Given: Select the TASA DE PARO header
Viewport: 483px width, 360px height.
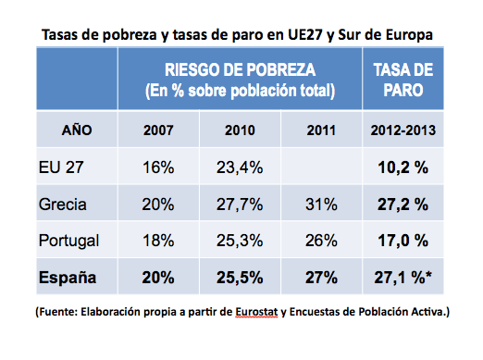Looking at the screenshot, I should tap(402, 80).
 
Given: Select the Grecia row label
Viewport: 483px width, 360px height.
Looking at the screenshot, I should tap(64, 203).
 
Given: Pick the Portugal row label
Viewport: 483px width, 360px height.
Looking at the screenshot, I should tap(70, 240).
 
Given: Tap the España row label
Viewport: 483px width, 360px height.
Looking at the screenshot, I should tap(69, 277).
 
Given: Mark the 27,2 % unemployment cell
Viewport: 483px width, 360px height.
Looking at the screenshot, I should tap(402, 203).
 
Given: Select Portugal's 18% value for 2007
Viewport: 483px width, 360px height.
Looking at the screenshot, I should tap(160, 240).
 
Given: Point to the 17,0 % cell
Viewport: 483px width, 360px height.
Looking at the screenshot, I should tap(402, 240).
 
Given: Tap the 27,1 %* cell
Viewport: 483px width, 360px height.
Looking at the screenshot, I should tap(404, 277).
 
